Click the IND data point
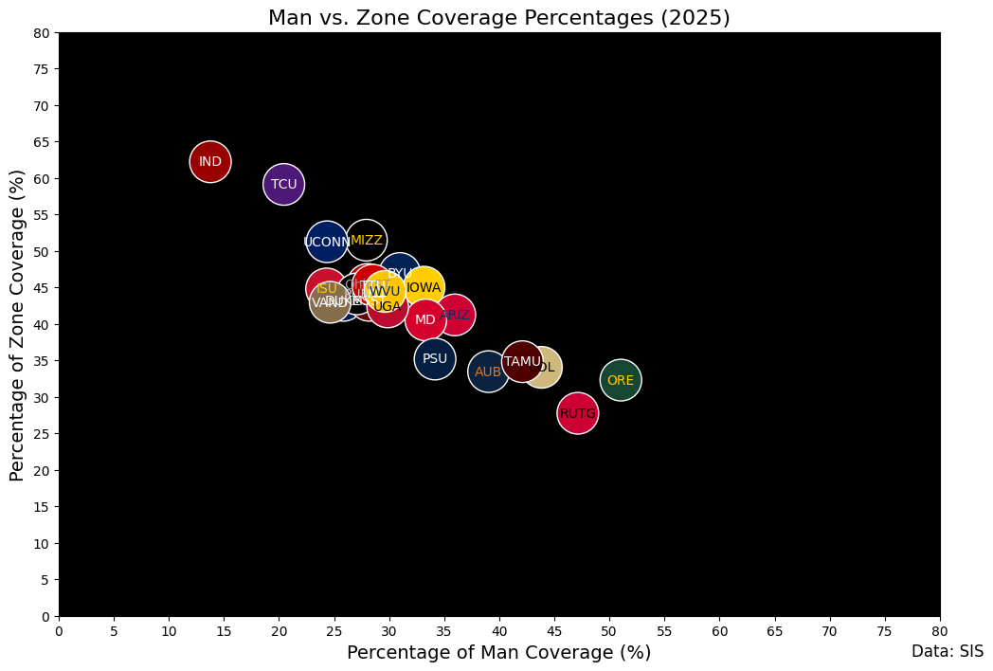(210, 161)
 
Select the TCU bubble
(283, 184)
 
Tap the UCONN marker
(327, 242)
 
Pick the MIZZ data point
(367, 240)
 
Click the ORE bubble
(621, 380)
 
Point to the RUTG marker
(578, 413)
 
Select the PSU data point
(435, 358)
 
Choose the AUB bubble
(488, 372)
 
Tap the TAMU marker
(522, 361)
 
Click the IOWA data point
(424, 287)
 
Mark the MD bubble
(425, 319)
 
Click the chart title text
(499, 18)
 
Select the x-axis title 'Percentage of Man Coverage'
(499, 652)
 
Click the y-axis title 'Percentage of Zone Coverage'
(17, 324)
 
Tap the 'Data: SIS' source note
(948, 651)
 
